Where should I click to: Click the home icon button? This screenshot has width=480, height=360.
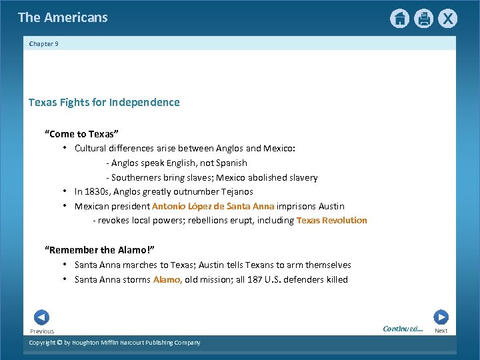point(399,19)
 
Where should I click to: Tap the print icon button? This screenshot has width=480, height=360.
point(423,19)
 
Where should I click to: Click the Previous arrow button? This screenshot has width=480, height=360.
point(41,317)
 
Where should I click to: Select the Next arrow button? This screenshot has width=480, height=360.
point(441,317)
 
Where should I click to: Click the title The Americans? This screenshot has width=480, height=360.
point(63,17)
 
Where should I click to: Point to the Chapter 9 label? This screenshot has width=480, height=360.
point(44,44)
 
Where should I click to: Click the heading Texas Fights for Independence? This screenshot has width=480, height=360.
point(104,103)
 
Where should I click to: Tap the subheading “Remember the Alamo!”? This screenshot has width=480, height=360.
point(99,250)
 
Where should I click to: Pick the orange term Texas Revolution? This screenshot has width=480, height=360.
point(331,221)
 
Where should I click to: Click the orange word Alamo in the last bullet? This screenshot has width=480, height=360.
point(167,279)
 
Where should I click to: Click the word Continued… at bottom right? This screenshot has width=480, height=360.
point(403,328)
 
